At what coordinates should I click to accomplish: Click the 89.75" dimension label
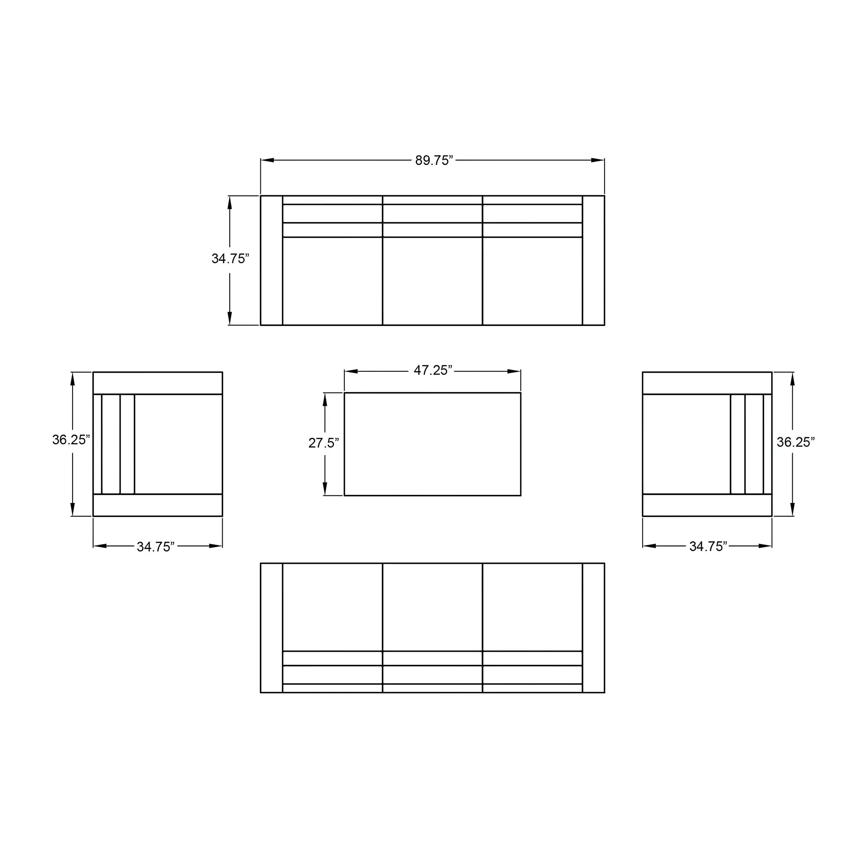tap(434, 160)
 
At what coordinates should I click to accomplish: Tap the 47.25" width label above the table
tap(433, 371)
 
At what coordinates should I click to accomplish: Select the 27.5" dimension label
tap(323, 443)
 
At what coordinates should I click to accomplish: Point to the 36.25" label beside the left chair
tap(71, 439)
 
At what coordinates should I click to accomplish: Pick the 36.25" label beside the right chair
tap(796, 442)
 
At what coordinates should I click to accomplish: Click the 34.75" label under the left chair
tap(155, 547)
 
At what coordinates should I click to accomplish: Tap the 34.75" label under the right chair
tap(708, 546)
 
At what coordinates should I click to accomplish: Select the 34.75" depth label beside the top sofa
tap(230, 258)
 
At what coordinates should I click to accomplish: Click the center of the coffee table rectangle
tap(432, 444)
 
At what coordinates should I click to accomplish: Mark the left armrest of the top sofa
tap(272, 261)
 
